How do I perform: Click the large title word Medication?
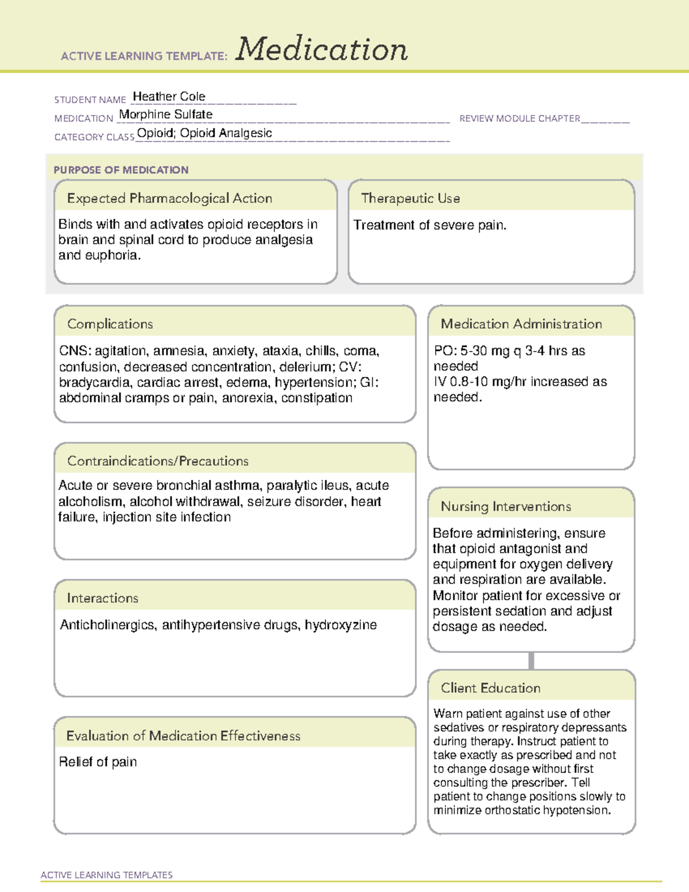pyautogui.click(x=322, y=49)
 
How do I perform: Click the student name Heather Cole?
pyautogui.click(x=169, y=96)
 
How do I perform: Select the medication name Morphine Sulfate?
pyautogui.click(x=165, y=114)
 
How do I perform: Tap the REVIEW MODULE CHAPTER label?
pyautogui.click(x=520, y=118)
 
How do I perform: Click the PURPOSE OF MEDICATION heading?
pyautogui.click(x=121, y=170)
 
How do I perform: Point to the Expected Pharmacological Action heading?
pyautogui.click(x=169, y=198)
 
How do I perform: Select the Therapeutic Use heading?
pyautogui.click(x=410, y=198)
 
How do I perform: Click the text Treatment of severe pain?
pyautogui.click(x=429, y=225)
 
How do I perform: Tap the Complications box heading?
pyautogui.click(x=110, y=324)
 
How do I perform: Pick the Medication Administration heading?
pyautogui.click(x=521, y=324)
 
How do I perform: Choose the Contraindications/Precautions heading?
pyautogui.click(x=157, y=461)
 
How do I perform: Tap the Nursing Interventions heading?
pyautogui.click(x=505, y=507)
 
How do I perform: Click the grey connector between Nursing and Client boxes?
pyautogui.click(x=531, y=661)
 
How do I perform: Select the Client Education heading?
pyautogui.click(x=490, y=688)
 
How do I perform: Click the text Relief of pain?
pyautogui.click(x=98, y=762)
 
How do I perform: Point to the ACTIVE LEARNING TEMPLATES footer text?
pyautogui.click(x=106, y=875)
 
